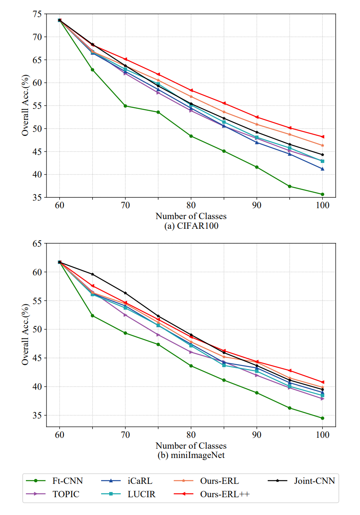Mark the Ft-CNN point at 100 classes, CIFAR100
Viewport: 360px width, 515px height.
point(322,194)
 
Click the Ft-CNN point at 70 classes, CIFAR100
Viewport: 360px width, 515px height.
point(125,106)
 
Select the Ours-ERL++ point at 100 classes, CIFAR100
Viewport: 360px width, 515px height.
point(322,137)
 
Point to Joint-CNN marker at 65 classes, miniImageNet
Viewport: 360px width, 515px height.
point(93,274)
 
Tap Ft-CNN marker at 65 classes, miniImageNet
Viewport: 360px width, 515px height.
point(93,316)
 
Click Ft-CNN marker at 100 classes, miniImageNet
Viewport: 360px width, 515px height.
point(322,418)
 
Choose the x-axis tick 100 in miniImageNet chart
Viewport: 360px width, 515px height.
point(322,435)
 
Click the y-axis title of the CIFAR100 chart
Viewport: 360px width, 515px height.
point(25,106)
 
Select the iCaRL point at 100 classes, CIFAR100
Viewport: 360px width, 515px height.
point(322,169)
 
